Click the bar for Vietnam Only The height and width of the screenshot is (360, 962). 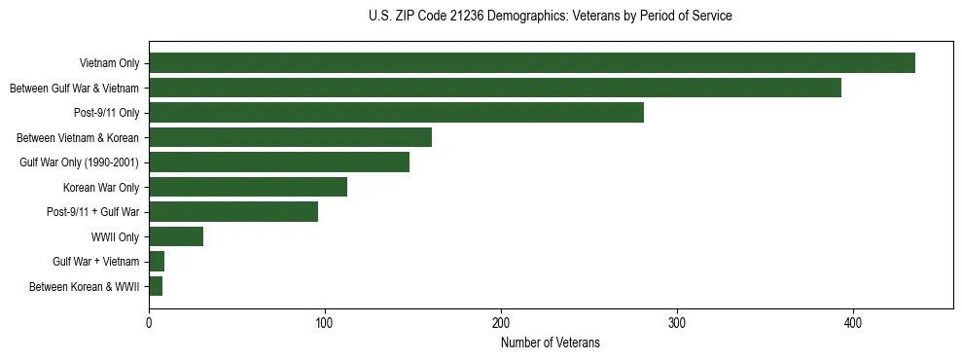coord(531,63)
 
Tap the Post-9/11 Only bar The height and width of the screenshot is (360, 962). coord(396,113)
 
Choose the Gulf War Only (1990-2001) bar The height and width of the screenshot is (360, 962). coord(278,162)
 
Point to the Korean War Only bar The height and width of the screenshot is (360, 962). coord(247,187)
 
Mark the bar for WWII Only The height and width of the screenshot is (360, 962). coord(176,236)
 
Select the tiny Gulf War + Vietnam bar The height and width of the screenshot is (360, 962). coord(157,262)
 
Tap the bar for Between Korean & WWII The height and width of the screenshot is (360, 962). coord(156,286)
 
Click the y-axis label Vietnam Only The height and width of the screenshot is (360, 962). coord(109,63)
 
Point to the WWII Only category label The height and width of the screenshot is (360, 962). coord(115,236)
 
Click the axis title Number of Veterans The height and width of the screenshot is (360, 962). coord(550,342)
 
